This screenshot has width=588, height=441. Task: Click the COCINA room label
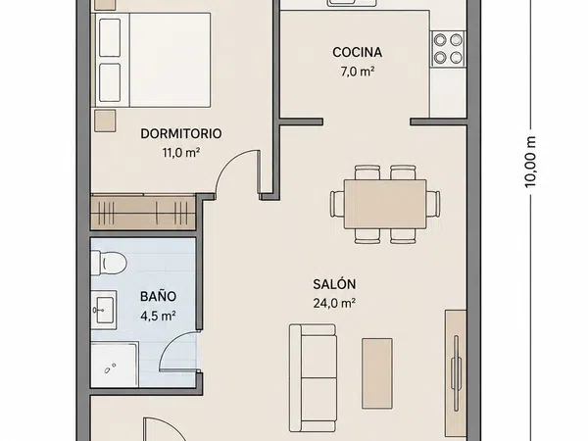coord(357,52)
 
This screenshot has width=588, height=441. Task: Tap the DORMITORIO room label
coord(180,133)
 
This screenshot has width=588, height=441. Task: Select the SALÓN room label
coord(334,284)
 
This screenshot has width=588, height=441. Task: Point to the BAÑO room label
coord(158,296)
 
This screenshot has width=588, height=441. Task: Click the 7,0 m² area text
coord(358,72)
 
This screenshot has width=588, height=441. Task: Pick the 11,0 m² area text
coord(180,153)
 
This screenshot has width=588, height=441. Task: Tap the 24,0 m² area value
coord(334,303)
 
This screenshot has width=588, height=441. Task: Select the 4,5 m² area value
coord(158,316)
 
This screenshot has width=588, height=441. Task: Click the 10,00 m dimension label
coord(530,162)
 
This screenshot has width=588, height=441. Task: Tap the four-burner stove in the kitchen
coord(448,48)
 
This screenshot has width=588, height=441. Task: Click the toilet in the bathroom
coord(109,263)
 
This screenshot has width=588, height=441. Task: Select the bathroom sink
coord(104,310)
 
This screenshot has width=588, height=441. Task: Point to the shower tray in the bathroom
coord(115,365)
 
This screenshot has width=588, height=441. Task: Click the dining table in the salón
coord(385,204)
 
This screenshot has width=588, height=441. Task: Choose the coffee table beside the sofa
coord(377,373)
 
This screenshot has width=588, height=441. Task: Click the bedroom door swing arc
coord(227,162)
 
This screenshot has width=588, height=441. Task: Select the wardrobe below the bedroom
coord(143,213)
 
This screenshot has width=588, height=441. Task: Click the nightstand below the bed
coord(105,121)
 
